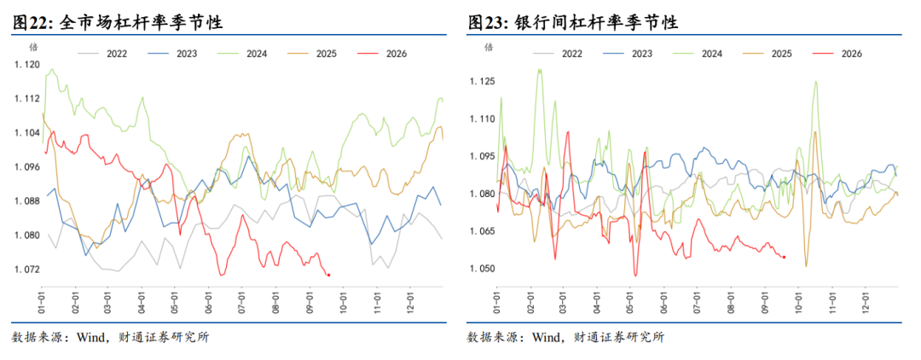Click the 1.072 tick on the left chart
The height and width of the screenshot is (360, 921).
(26, 270)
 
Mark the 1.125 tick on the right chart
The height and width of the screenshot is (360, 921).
(482, 80)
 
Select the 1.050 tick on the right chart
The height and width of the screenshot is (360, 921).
(482, 269)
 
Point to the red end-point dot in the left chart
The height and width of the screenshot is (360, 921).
(328, 275)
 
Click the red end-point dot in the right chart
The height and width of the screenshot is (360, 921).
(785, 257)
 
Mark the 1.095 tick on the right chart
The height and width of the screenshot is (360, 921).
(482, 156)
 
